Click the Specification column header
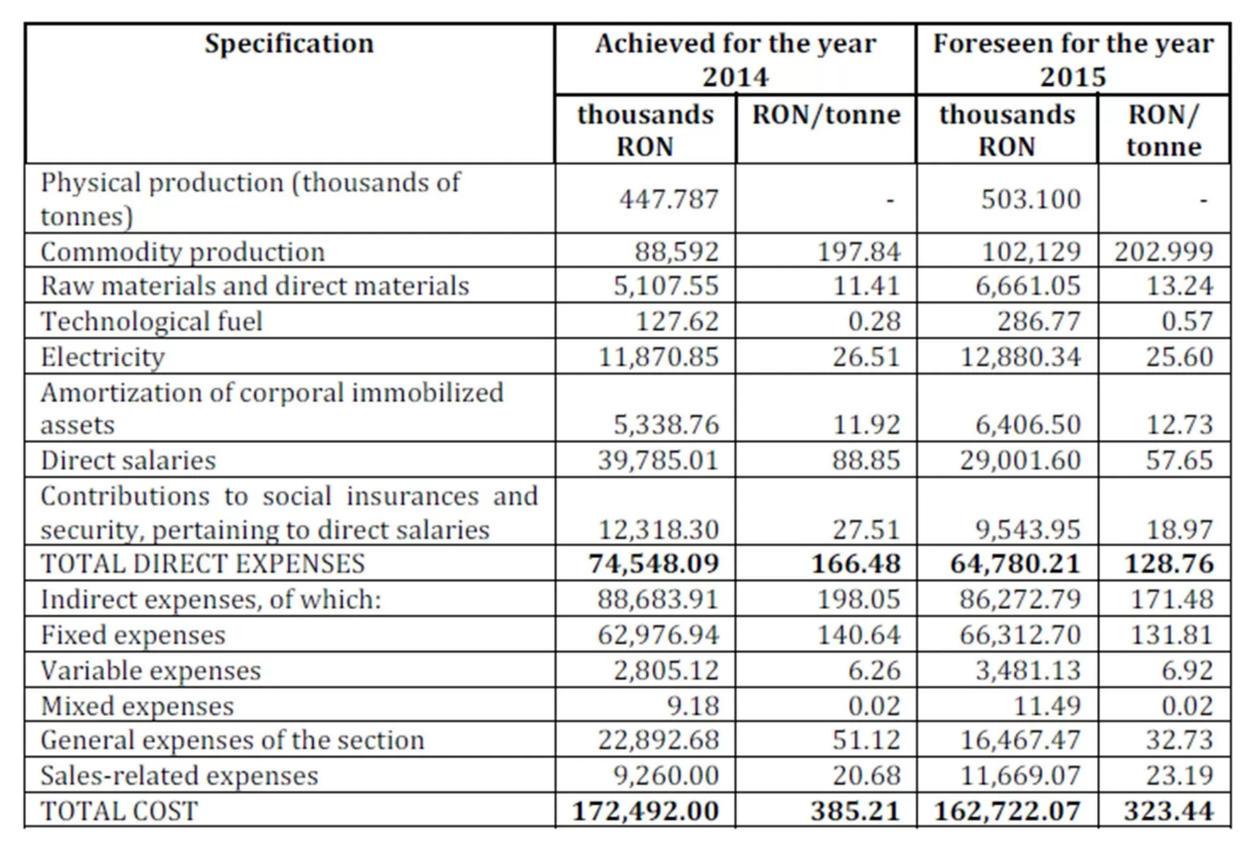[289, 44]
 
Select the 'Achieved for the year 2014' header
[735, 60]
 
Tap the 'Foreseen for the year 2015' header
[1072, 60]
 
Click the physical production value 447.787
[668, 199]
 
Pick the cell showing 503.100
[1031, 199]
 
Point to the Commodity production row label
[182, 252]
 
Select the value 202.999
[1163, 252]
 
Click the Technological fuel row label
[151, 321]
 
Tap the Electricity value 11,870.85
[658, 357]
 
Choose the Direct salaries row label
[128, 461]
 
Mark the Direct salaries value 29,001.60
[1020, 461]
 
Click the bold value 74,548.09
[653, 564]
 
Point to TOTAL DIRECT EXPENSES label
[202, 564]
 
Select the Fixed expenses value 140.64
[858, 635]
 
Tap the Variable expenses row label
[150, 671]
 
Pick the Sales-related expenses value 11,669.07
[1020, 776]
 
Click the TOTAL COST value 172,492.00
[645, 811]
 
